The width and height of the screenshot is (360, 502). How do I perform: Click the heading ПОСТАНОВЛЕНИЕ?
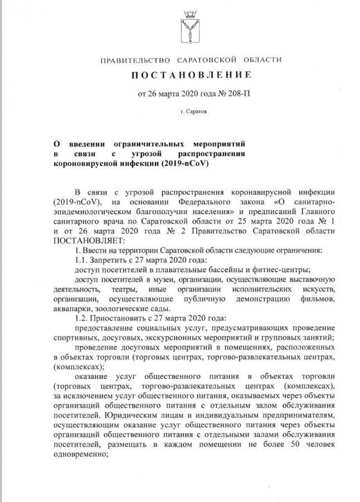click(191, 75)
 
